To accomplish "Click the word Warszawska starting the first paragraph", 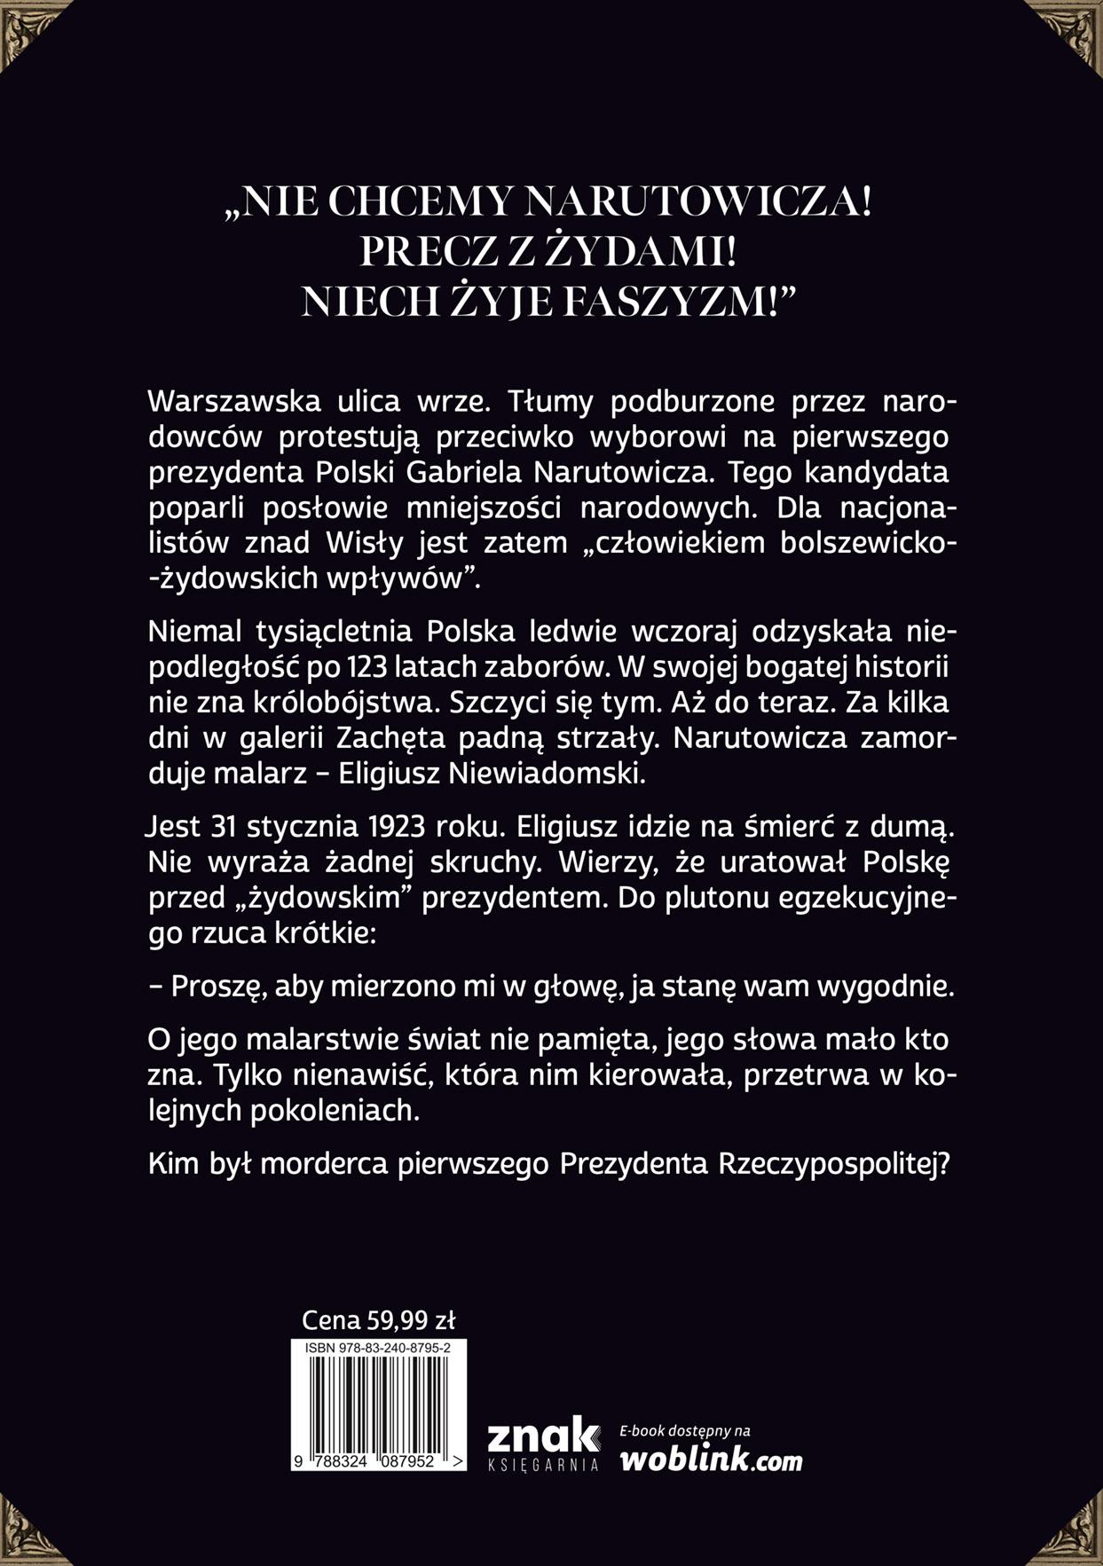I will tap(234, 401).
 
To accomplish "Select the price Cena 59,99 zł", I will tap(378, 1319).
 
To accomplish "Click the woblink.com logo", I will tap(710, 1460).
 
